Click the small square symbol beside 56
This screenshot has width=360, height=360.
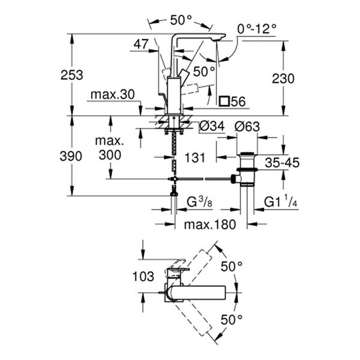(224, 101)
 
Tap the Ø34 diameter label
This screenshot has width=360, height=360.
(209, 127)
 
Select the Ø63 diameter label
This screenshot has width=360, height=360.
(246, 127)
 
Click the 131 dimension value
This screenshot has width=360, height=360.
(195, 157)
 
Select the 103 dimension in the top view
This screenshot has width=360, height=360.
(140, 277)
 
